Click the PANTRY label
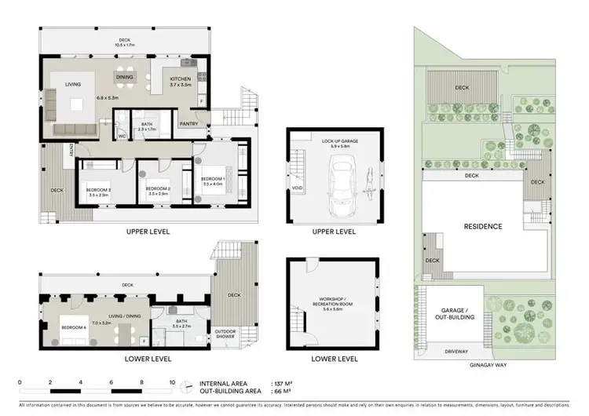coord(188,123)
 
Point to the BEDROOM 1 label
coord(214,180)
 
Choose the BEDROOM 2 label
coord(158,188)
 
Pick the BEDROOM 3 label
coord(98,188)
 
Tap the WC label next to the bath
coord(121,134)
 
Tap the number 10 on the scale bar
coord(172,382)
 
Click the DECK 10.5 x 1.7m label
coord(123,43)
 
